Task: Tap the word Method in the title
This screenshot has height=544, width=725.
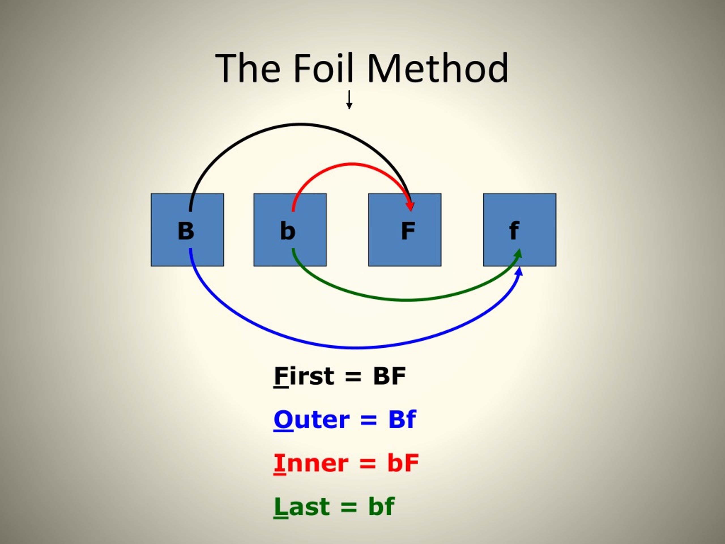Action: (x=438, y=68)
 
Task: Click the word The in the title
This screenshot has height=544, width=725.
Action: (x=248, y=68)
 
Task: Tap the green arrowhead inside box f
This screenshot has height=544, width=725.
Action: (x=518, y=254)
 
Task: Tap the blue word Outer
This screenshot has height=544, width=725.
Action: (x=311, y=419)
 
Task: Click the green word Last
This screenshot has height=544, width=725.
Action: (x=302, y=507)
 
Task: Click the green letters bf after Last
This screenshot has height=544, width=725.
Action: (x=381, y=507)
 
